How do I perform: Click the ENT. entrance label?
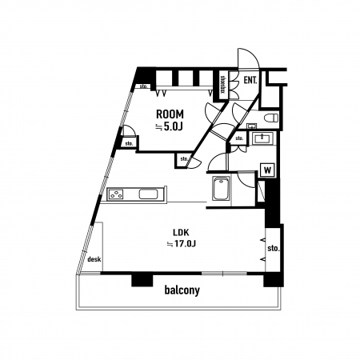(x=250, y=80)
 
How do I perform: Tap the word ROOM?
(x=170, y=114)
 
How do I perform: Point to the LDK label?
(x=181, y=233)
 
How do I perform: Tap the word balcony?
(x=182, y=290)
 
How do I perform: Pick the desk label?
(x=94, y=259)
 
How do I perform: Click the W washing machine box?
(x=267, y=170)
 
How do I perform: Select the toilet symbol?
(x=270, y=118)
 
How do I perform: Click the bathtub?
(x=221, y=188)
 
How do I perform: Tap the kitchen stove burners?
(x=116, y=194)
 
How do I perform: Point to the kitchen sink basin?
(x=148, y=194)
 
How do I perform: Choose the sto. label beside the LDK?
(x=274, y=249)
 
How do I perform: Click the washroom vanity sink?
(x=262, y=138)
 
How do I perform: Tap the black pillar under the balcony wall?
(x=142, y=280)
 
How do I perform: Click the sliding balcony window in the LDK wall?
(x=224, y=274)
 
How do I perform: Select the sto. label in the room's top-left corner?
(x=144, y=86)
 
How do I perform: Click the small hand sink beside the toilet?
(x=251, y=126)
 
